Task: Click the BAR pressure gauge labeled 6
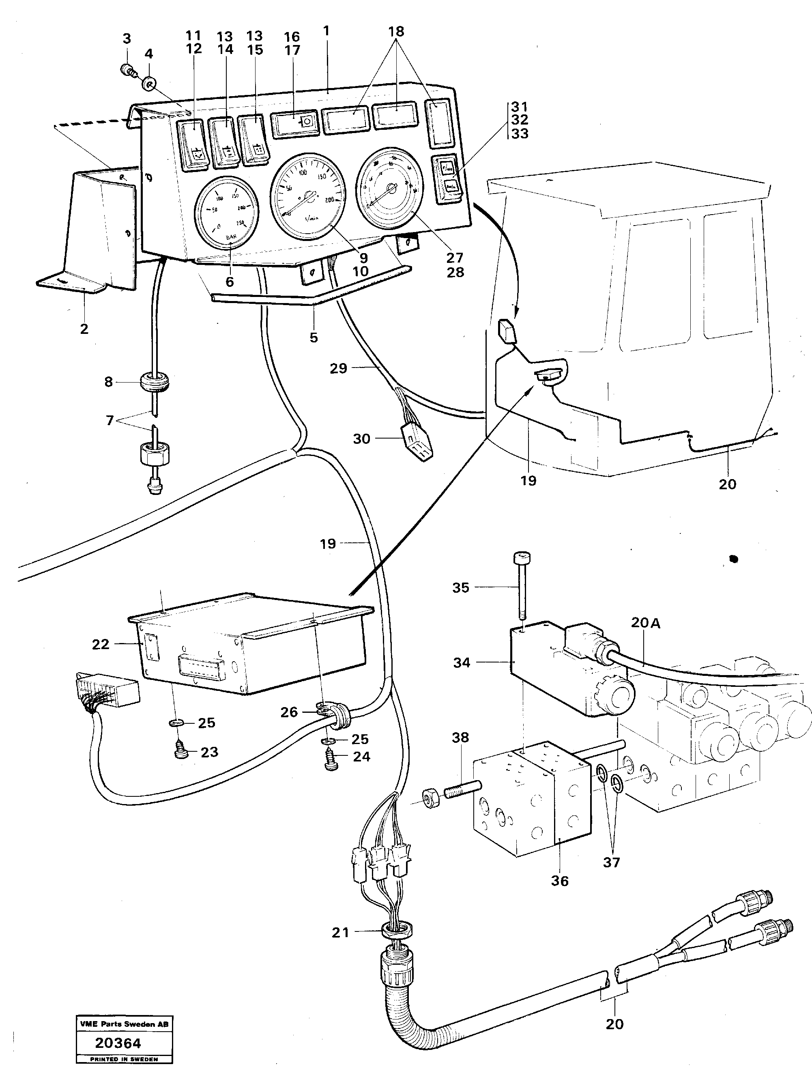[226, 212]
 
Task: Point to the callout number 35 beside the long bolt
[460, 587]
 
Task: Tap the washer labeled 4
[148, 85]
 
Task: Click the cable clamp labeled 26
[324, 711]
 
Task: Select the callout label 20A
[645, 623]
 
